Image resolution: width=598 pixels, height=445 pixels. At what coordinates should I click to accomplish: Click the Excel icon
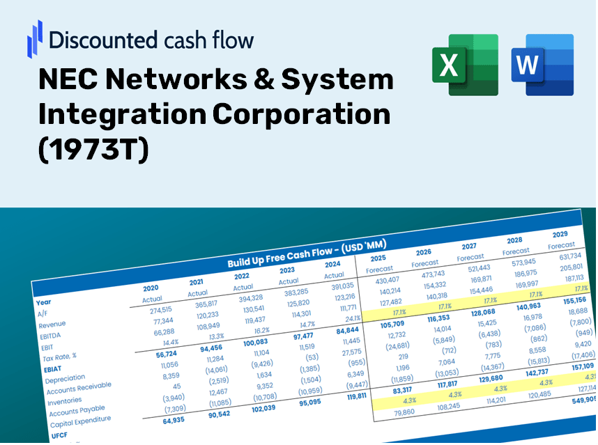coord(465,65)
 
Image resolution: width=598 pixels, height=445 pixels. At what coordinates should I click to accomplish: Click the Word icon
coord(542,65)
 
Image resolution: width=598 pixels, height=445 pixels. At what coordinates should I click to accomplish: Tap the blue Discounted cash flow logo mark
coord(35,38)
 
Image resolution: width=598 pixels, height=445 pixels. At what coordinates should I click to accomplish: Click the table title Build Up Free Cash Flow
coord(307,253)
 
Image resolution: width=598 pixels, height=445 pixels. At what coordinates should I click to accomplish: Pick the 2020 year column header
coord(151,288)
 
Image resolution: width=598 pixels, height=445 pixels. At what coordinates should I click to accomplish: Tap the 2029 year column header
coord(560,234)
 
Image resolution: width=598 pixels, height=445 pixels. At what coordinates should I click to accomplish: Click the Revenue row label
coord(52,325)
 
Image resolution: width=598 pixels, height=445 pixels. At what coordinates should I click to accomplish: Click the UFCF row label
coord(59,436)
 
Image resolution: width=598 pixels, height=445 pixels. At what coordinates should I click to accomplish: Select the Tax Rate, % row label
coord(59,357)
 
